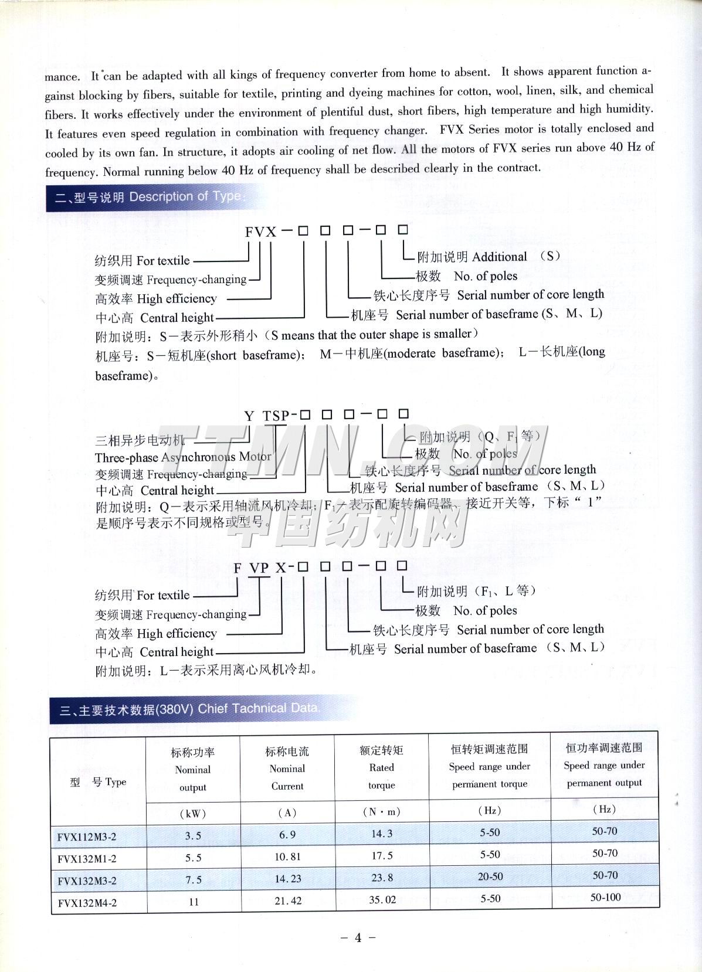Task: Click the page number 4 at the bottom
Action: (x=358, y=937)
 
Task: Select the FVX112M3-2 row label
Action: (x=87, y=837)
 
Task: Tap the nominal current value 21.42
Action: (x=287, y=901)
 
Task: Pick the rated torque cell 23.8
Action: (x=382, y=878)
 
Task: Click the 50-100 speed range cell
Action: (x=605, y=898)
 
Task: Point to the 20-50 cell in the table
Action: (x=490, y=876)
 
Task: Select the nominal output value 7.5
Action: (x=193, y=880)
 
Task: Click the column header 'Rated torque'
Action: (x=382, y=767)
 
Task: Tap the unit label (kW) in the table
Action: (x=193, y=814)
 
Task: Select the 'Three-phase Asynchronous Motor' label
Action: (x=183, y=457)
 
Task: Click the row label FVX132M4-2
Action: (x=87, y=903)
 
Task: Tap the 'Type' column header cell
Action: (x=98, y=782)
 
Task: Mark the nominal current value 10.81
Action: (x=287, y=857)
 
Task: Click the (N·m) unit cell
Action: (x=382, y=812)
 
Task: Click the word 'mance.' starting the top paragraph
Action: (x=62, y=77)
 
